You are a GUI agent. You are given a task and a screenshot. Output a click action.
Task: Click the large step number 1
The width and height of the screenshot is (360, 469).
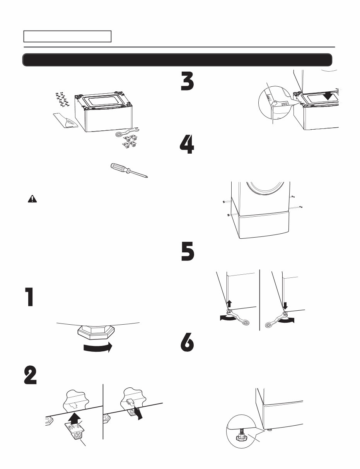tap(29, 297)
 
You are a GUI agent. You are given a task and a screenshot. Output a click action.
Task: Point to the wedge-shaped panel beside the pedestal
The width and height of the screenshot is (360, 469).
tap(66, 121)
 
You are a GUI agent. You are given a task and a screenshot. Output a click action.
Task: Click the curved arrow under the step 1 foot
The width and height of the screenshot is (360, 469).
tap(97, 347)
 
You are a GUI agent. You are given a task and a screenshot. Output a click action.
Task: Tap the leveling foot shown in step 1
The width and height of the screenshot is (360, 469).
tap(97, 332)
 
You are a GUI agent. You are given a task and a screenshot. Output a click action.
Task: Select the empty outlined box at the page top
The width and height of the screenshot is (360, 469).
tap(67, 36)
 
